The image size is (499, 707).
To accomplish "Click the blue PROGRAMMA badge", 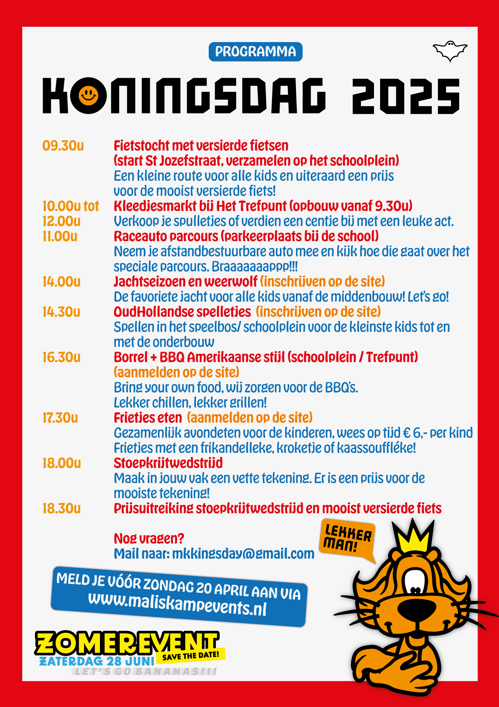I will [255, 52].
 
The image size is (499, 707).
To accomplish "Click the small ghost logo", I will [450, 51].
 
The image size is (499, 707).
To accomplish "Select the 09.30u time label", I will [63, 146].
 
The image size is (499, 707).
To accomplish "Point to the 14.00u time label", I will [61, 282].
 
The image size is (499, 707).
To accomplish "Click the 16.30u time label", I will [61, 357].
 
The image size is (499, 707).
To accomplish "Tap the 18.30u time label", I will [61, 509].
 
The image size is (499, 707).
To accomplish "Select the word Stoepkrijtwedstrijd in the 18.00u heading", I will [168, 463].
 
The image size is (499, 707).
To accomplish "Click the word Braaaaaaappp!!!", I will [255, 267].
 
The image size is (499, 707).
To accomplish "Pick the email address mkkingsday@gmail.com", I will [243, 554].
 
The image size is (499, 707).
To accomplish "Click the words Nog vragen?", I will [149, 539].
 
